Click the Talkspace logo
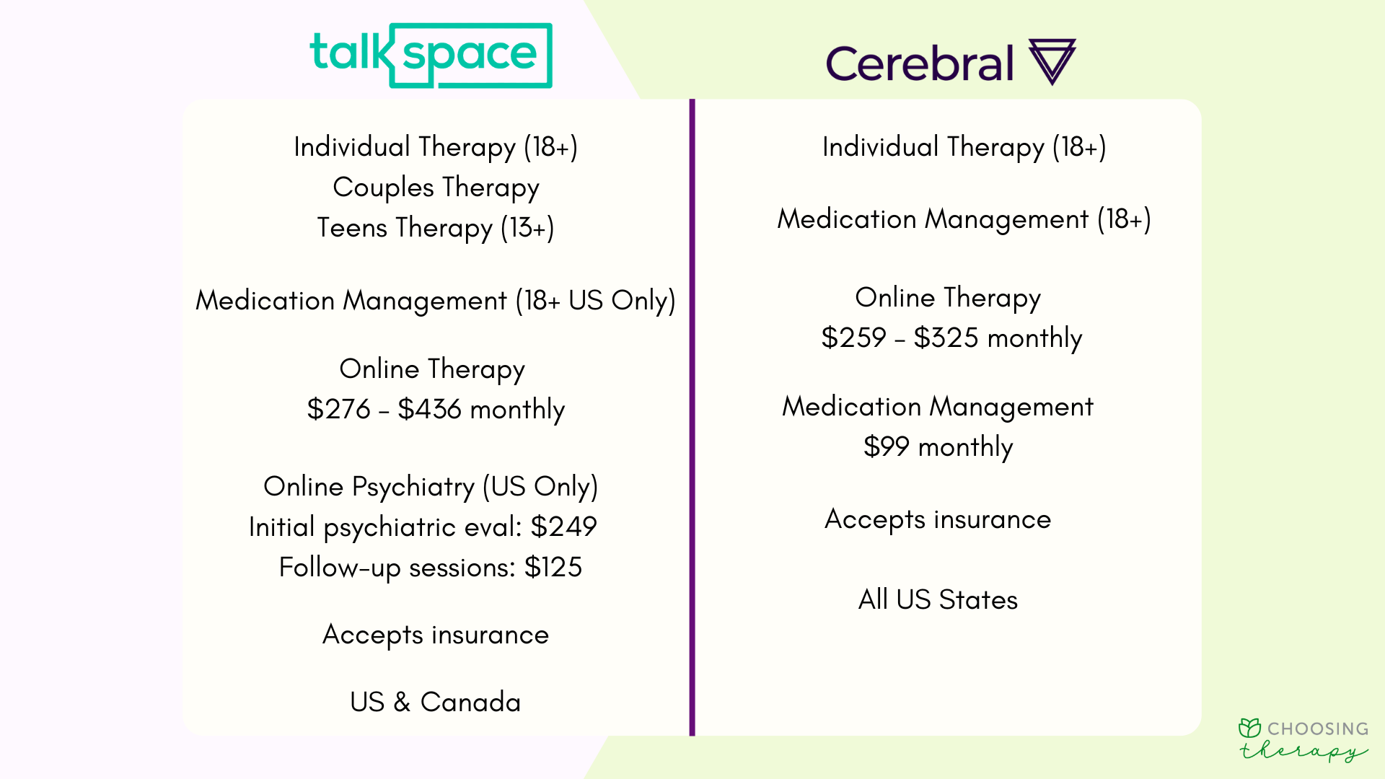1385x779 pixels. click(x=431, y=55)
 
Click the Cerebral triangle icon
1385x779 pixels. click(x=1052, y=61)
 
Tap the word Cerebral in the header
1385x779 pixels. click(x=920, y=63)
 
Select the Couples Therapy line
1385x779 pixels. click(x=436, y=188)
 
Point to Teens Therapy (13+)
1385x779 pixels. click(x=436, y=228)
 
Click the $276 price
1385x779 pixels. click(x=338, y=409)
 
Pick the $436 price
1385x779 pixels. click(x=429, y=409)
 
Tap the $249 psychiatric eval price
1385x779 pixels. click(x=563, y=527)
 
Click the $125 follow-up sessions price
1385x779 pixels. click(x=553, y=567)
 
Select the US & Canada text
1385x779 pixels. click(x=435, y=702)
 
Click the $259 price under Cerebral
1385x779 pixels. click(x=853, y=338)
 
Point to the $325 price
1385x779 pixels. click(x=946, y=338)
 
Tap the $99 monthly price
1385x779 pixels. click(x=938, y=446)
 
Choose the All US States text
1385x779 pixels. click(x=938, y=599)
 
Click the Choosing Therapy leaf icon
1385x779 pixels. click(x=1249, y=728)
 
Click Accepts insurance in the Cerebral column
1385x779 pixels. click(x=938, y=519)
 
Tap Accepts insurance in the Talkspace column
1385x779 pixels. click(x=435, y=635)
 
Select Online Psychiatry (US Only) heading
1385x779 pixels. click(x=431, y=487)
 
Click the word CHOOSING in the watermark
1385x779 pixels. click(x=1318, y=729)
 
